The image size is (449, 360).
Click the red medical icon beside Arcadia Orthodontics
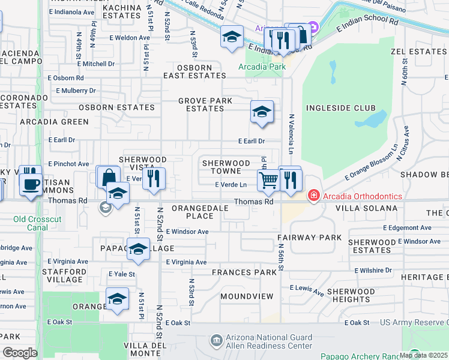coord(313,196)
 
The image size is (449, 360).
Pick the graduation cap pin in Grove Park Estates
coord(262,112)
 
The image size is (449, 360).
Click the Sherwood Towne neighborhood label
coord(226,167)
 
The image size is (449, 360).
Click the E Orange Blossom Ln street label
coord(372,161)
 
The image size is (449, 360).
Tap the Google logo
coord(20,352)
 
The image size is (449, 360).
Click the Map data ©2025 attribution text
coord(423,355)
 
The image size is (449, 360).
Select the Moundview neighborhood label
coord(243,296)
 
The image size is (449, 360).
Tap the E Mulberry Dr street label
coord(76,91)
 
